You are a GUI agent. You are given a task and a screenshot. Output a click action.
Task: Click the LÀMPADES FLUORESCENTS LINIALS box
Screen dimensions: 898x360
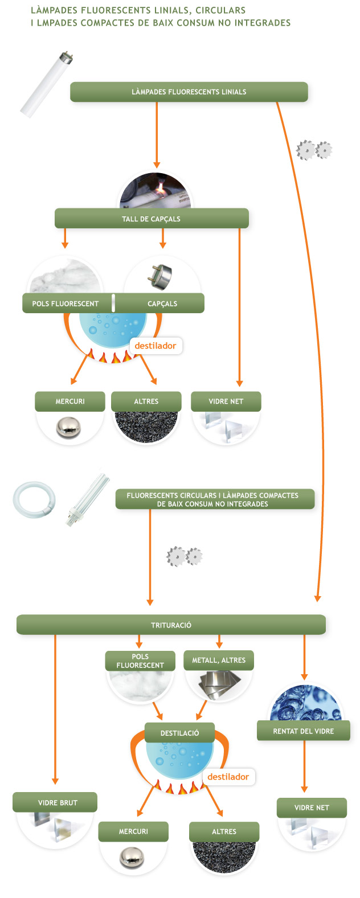coord(189,92)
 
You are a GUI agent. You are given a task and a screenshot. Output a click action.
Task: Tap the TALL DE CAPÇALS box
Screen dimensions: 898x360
coord(151,219)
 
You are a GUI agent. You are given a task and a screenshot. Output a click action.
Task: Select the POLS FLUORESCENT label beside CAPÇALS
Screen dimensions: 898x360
coord(66,304)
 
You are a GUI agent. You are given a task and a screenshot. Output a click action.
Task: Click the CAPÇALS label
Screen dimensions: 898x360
coord(162,304)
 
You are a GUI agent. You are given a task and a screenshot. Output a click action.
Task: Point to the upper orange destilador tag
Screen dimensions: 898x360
coord(156,346)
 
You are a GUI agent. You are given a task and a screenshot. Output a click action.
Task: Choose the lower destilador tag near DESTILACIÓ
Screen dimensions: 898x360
coord(228,777)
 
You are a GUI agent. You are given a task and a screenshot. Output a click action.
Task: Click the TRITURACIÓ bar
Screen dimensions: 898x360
coord(171,625)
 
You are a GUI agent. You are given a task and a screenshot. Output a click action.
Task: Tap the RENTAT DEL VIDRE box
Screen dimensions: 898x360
coord(303,731)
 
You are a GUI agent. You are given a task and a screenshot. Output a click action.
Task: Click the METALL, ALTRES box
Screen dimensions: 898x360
coord(219,660)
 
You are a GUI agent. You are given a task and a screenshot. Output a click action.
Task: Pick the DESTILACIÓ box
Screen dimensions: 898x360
coord(179,733)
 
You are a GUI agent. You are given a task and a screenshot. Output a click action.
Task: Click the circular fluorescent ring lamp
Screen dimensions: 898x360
coord(34,499)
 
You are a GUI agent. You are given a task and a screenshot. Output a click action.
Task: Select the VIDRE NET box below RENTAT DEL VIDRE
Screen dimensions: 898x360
coord(312,807)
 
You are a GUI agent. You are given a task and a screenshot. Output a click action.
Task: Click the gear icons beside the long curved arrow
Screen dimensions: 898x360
coord(314,150)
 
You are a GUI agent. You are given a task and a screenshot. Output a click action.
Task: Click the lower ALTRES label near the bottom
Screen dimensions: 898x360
coord(224,831)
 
